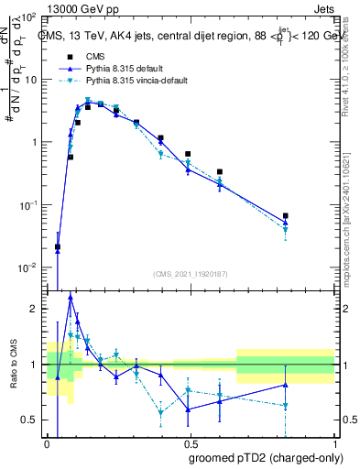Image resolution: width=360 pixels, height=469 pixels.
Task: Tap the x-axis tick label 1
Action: point(334,443)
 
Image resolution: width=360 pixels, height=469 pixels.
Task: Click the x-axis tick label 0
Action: point(46,443)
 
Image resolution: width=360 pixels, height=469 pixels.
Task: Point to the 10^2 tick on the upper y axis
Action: point(28,18)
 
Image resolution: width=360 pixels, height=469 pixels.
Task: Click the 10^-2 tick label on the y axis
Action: point(28,267)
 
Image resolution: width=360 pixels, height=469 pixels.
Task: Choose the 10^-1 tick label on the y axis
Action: point(28,205)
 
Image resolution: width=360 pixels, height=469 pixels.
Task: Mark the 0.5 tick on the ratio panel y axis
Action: point(31,420)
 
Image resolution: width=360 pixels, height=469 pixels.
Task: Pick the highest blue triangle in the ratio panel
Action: point(71,296)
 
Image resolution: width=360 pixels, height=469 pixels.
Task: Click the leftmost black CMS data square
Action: point(58,246)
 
